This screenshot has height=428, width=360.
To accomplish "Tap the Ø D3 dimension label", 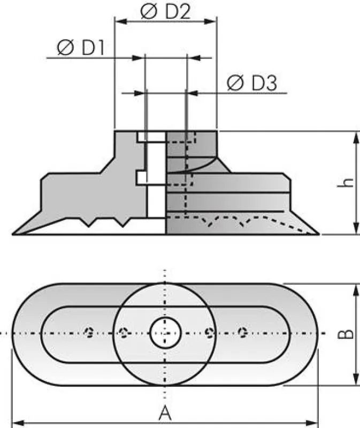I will pos(251,83).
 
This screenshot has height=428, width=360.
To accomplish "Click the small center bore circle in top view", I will pos(165,333).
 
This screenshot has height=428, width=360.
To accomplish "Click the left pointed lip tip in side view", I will pos(13,234).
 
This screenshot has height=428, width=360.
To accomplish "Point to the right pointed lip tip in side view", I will pos(318,234).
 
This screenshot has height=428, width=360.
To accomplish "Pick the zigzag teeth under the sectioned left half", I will pos(104,222).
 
